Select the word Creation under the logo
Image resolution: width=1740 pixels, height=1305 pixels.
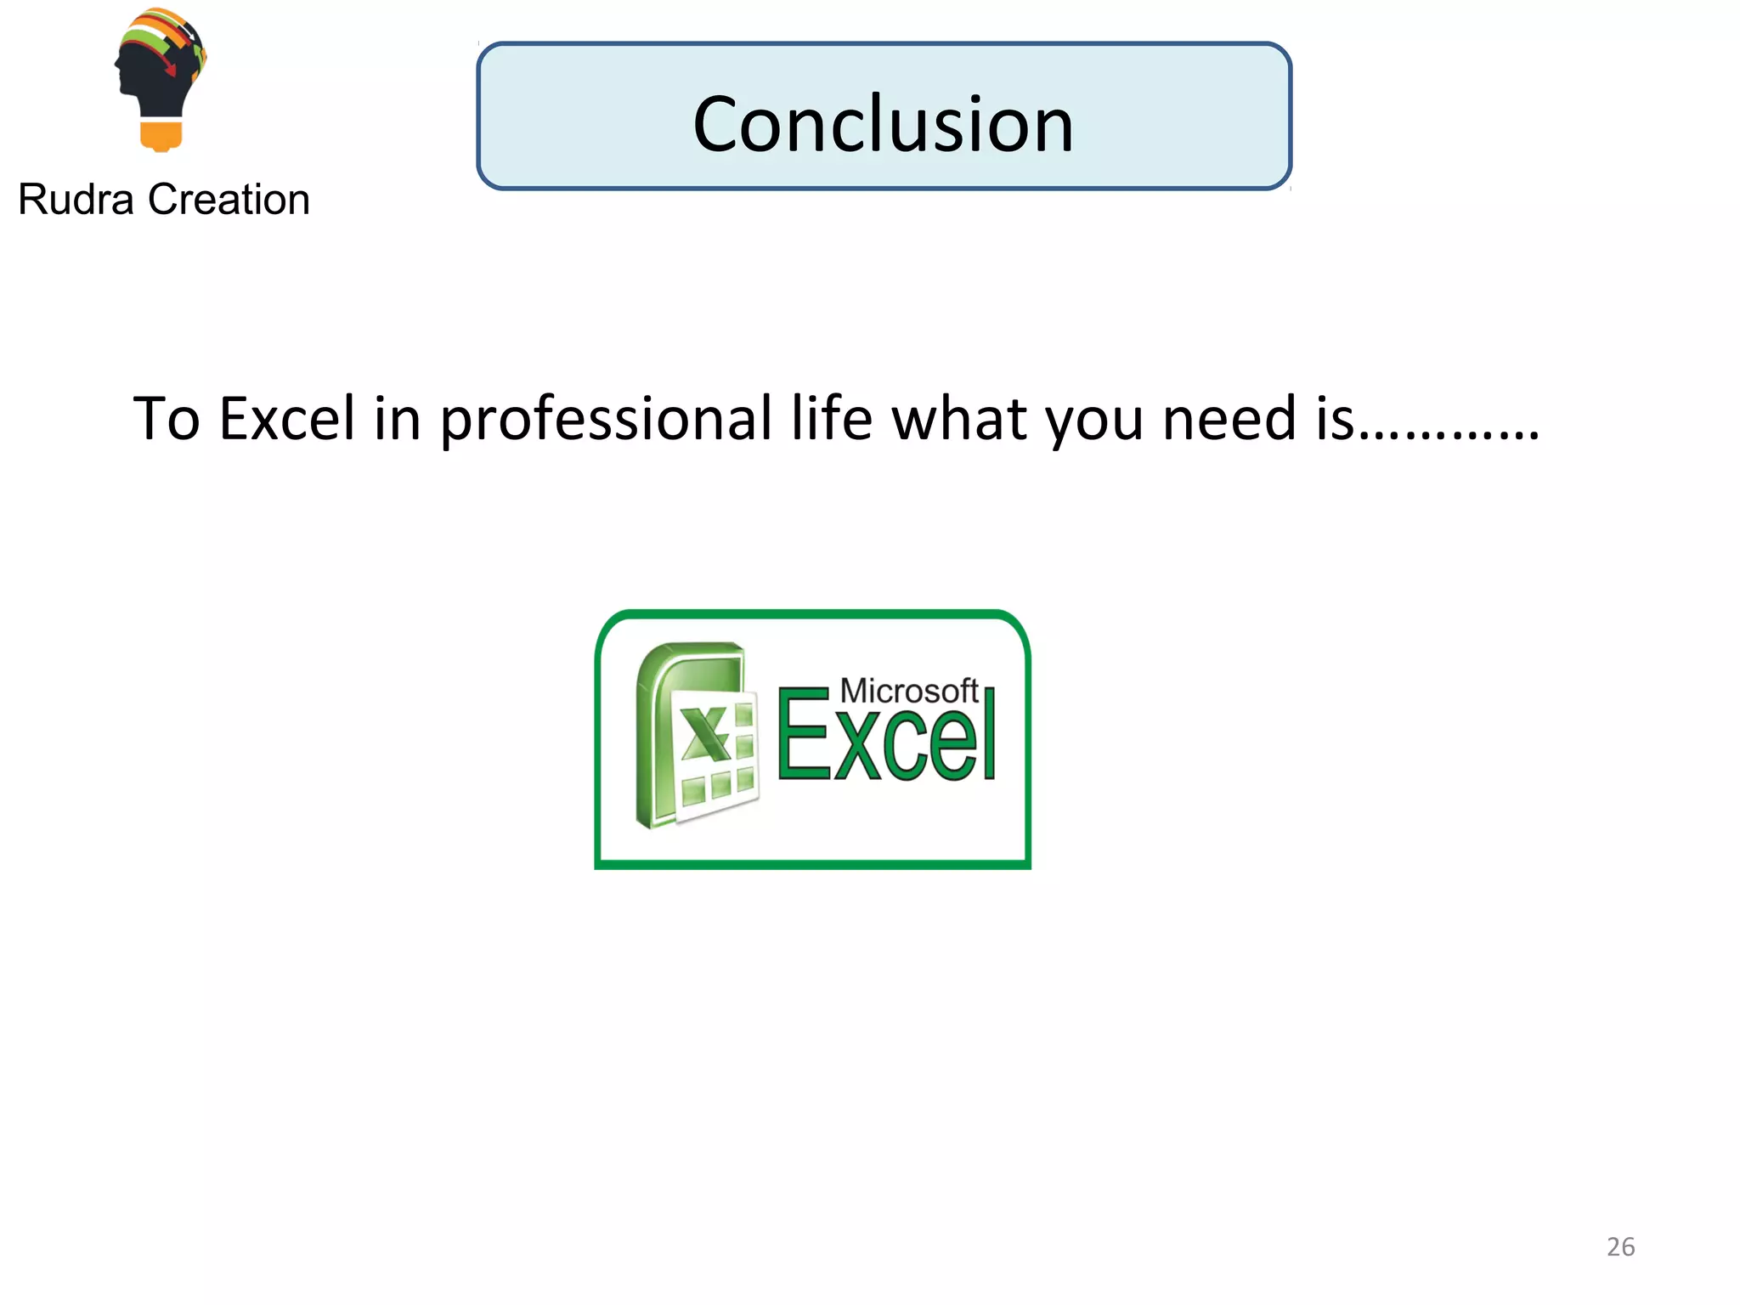click(x=229, y=201)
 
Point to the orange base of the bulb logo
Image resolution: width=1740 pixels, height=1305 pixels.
click(x=161, y=136)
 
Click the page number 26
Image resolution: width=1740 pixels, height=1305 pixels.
click(x=1620, y=1246)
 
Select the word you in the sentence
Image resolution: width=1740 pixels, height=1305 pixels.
click(x=1093, y=421)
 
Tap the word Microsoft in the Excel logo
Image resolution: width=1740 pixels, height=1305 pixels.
click(x=908, y=691)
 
